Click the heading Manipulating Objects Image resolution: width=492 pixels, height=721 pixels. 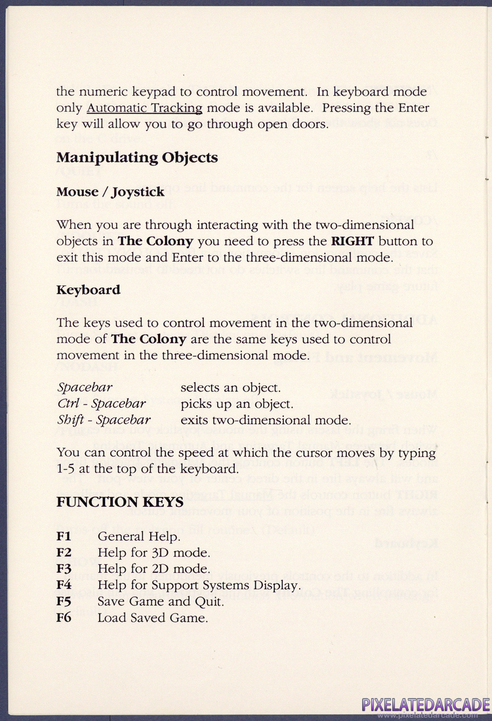[137, 158]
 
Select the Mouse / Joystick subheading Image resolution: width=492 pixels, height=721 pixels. [110, 193]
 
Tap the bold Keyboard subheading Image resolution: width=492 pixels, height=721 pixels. [88, 290]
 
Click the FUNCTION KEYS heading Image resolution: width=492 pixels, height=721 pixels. [119, 503]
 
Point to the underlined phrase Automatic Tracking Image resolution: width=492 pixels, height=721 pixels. [144, 107]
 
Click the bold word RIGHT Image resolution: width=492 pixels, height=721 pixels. [352, 241]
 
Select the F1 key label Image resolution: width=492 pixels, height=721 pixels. [64, 537]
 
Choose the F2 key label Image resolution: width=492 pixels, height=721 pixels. [64, 553]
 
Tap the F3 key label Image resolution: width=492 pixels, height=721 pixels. [64, 569]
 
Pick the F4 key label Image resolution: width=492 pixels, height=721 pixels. [64, 585]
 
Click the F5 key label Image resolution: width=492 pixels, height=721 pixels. [64, 602]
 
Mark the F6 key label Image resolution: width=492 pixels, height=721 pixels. [64, 617]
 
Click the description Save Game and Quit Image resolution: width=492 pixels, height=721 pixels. [161, 602]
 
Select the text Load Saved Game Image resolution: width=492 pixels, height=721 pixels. [152, 617]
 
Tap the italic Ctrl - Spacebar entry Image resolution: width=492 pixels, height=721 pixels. [102, 404]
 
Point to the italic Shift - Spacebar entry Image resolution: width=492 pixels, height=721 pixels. [104, 420]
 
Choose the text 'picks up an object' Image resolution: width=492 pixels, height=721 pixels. [236, 404]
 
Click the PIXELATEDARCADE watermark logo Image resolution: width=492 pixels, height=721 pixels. [426, 706]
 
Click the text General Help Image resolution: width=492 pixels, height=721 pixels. [138, 537]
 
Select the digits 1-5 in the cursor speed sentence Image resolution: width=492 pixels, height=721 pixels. [66, 469]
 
